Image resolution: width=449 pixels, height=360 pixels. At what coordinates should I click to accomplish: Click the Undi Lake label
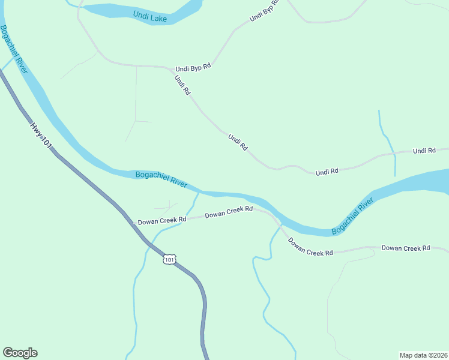point(149,19)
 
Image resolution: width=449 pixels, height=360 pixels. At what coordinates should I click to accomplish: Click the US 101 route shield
point(170,259)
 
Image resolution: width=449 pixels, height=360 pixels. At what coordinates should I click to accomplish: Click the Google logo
point(20,353)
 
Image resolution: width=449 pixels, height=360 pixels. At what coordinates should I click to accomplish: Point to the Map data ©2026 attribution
point(423,355)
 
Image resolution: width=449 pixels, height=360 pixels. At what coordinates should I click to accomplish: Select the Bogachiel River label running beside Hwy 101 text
point(14,50)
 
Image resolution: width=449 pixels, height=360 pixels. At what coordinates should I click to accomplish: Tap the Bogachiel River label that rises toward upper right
point(353,217)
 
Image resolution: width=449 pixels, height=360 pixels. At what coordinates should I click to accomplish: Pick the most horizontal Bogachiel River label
point(161,179)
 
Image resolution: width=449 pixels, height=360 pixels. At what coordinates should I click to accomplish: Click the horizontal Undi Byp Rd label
point(193,68)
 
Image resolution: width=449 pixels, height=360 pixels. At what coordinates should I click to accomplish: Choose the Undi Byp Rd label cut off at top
point(265,11)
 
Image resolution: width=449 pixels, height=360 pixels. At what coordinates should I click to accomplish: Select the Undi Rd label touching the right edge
point(424,151)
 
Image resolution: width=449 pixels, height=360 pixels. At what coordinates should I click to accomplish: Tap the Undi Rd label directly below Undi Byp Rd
point(182,85)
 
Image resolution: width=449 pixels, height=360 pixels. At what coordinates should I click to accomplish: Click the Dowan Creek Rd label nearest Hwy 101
point(162,220)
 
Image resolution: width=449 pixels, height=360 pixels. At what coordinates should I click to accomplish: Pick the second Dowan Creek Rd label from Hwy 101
point(229,212)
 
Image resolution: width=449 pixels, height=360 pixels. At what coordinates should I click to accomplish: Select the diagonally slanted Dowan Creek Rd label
point(310,247)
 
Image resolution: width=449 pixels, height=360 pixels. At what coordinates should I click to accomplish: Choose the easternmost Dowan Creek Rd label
point(406,247)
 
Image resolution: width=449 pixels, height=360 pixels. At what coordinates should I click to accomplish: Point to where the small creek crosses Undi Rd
point(394,154)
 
